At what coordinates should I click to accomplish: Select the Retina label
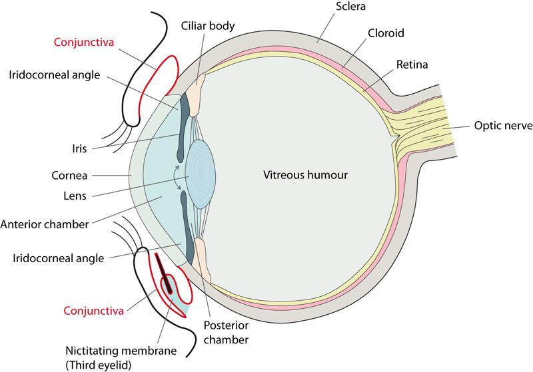412,65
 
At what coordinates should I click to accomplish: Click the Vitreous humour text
305,176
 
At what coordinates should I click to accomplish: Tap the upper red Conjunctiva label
84,42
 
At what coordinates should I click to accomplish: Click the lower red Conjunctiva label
93,310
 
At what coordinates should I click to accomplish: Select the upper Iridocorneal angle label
54,75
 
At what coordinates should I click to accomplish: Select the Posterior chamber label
227,333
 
